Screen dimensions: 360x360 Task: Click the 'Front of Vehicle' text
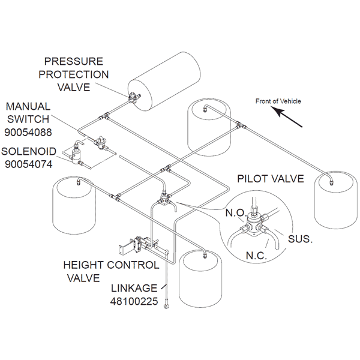pyautogui.click(x=278, y=101)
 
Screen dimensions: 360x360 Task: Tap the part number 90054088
pyautogui.click(x=29, y=130)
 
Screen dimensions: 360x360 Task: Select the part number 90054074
pyautogui.click(x=28, y=163)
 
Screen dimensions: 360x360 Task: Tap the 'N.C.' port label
pyautogui.click(x=259, y=256)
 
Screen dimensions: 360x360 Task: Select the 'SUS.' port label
pyautogui.click(x=300, y=239)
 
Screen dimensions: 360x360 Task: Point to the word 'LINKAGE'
pyautogui.click(x=132, y=289)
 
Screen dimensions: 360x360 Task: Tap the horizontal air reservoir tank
pyautogui.click(x=165, y=78)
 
